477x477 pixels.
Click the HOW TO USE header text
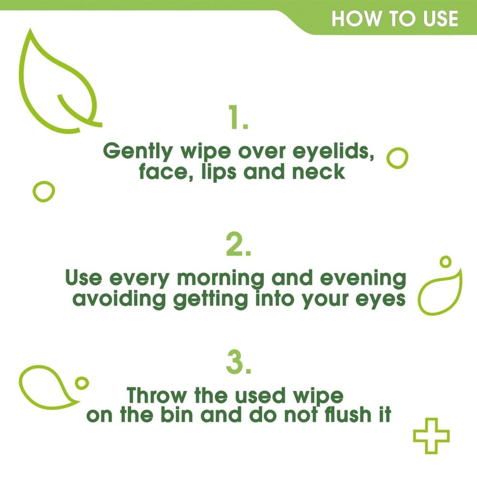coord(395,19)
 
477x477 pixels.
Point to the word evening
coord(365,279)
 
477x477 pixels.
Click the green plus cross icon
coord(431,436)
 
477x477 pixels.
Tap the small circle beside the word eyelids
coord(397,157)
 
